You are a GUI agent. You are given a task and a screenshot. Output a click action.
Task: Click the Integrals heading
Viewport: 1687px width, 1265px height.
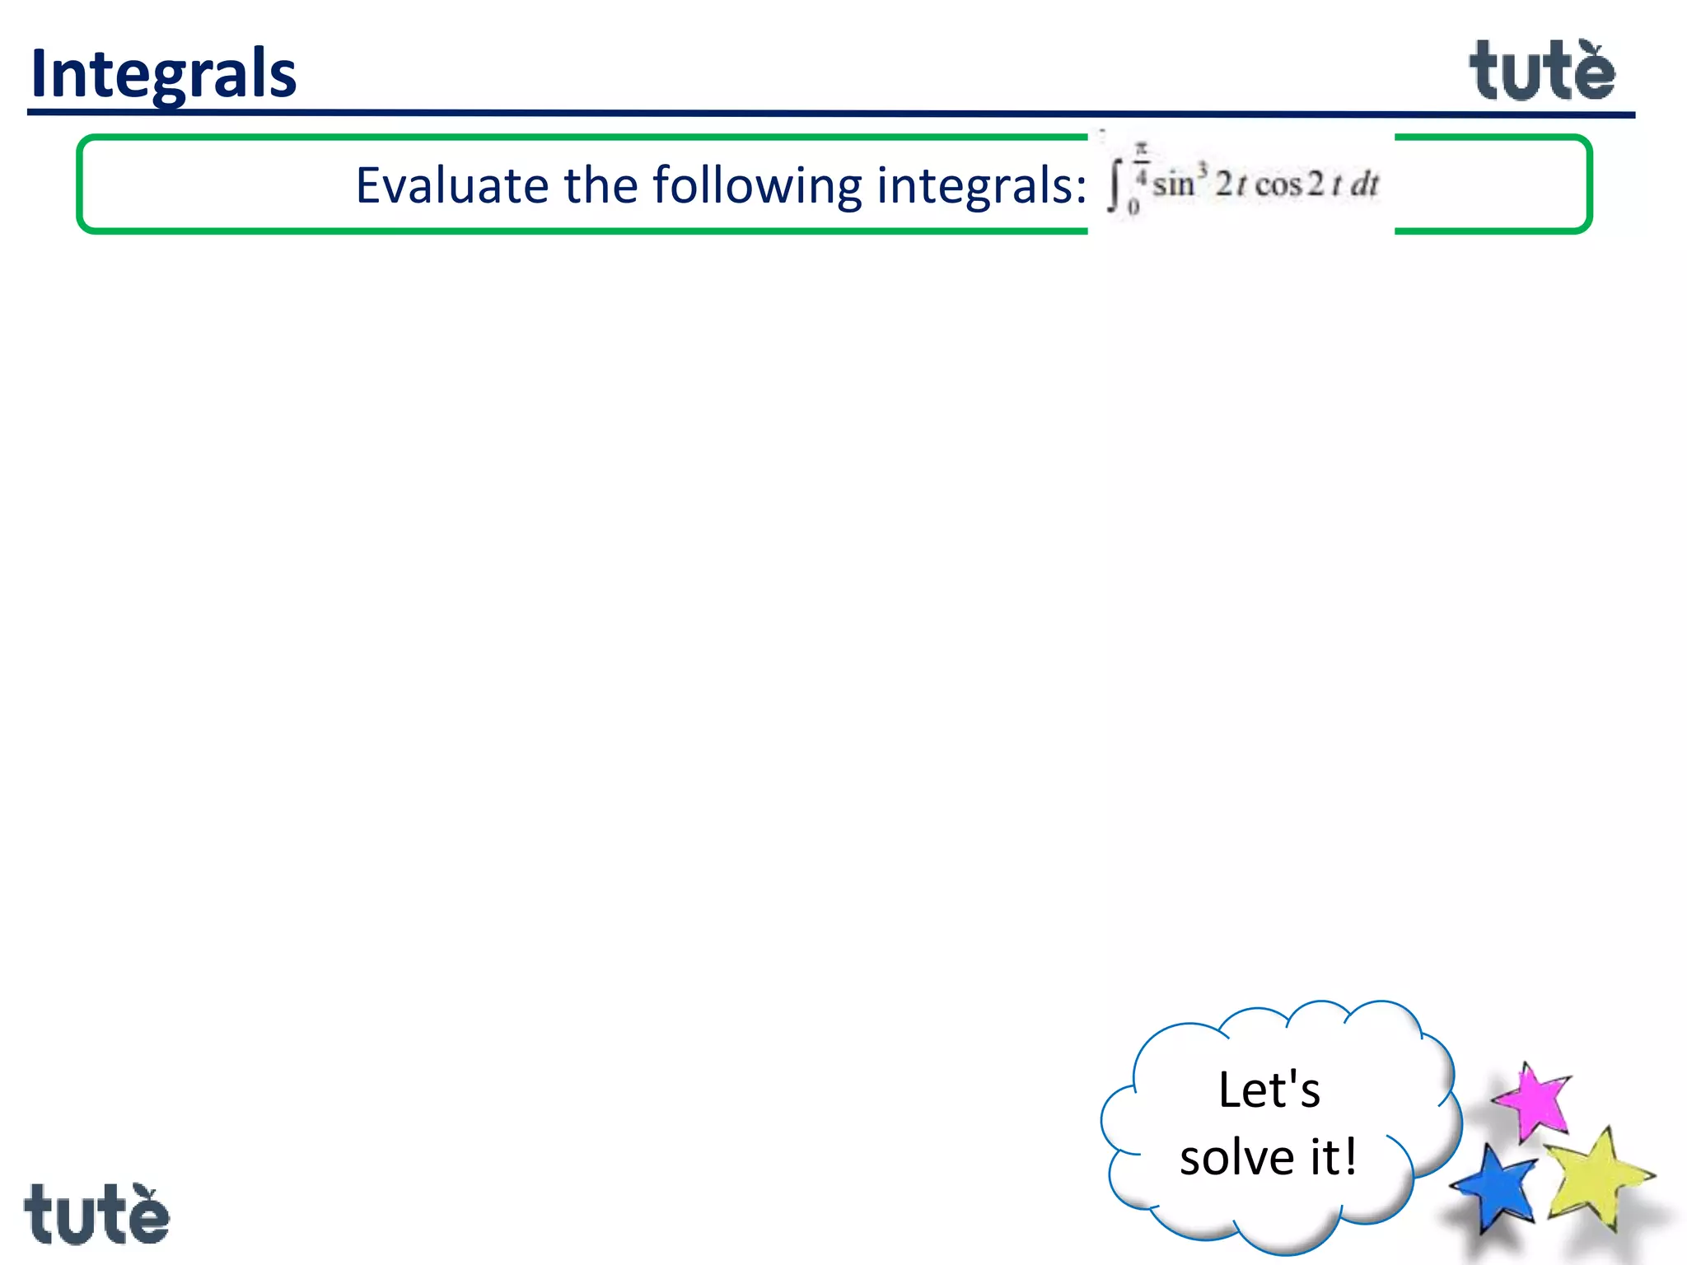click(163, 73)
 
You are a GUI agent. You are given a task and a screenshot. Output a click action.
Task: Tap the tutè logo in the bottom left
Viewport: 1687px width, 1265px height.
click(96, 1214)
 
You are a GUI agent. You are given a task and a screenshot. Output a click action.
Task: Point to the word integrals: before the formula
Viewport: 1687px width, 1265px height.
click(980, 185)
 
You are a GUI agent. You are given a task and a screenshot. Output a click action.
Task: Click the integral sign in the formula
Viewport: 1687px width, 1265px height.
click(1115, 187)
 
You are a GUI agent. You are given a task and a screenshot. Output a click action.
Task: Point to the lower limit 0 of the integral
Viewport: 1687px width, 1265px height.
click(1133, 208)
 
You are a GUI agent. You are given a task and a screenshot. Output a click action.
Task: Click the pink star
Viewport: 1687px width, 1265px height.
click(1532, 1099)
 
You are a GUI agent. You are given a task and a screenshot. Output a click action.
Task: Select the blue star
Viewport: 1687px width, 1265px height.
click(1496, 1186)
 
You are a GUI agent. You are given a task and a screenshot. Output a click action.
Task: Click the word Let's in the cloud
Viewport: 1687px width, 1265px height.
click(1269, 1090)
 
